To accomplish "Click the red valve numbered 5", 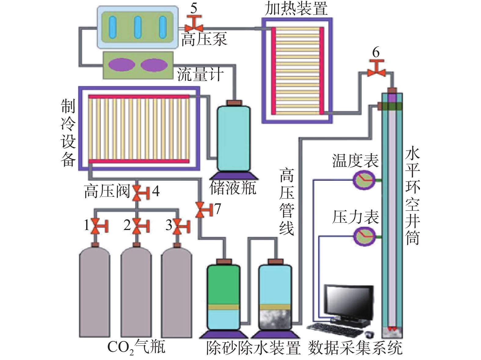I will [x=194, y=24].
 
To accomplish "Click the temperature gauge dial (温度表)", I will [x=364, y=180].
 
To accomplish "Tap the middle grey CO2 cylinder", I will [x=136, y=293].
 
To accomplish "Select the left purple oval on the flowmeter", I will [x=122, y=65].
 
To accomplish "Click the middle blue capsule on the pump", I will [x=137, y=27].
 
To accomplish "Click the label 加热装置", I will [x=296, y=9].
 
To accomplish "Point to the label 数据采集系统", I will [x=355, y=348].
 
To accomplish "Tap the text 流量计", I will [x=200, y=74].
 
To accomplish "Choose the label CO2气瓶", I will [x=136, y=347].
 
